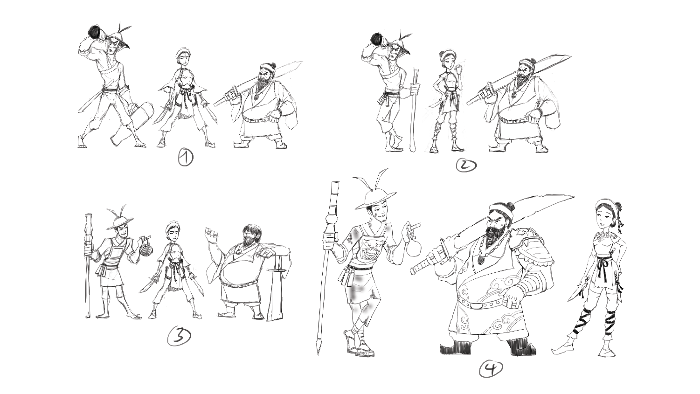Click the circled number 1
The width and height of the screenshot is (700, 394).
click(186, 158)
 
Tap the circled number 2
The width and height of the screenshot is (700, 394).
click(466, 165)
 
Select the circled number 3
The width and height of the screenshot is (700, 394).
click(179, 337)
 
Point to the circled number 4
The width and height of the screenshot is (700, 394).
click(491, 369)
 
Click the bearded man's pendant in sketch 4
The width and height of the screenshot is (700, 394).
click(482, 259)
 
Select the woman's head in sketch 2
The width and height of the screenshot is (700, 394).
click(448, 58)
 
